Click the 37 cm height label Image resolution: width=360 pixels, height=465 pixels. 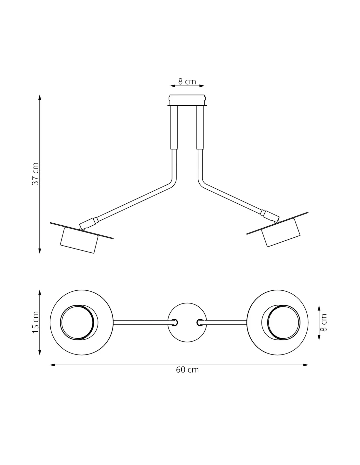[x=35, y=174]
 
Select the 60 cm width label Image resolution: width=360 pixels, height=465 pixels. [x=187, y=370]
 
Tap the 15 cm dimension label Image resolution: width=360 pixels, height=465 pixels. [x=35, y=322]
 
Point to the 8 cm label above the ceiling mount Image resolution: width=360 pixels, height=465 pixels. [x=187, y=81]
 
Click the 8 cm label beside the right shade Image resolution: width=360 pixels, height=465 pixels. [x=324, y=322]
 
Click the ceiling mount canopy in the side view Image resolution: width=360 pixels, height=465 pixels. [x=187, y=100]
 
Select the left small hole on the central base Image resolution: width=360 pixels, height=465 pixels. [x=175, y=322]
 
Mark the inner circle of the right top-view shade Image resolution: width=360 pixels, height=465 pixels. [x=283, y=322]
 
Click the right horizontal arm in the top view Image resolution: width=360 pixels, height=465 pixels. [x=226, y=322]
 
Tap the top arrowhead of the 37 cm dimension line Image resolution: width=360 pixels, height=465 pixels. [x=40, y=97]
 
